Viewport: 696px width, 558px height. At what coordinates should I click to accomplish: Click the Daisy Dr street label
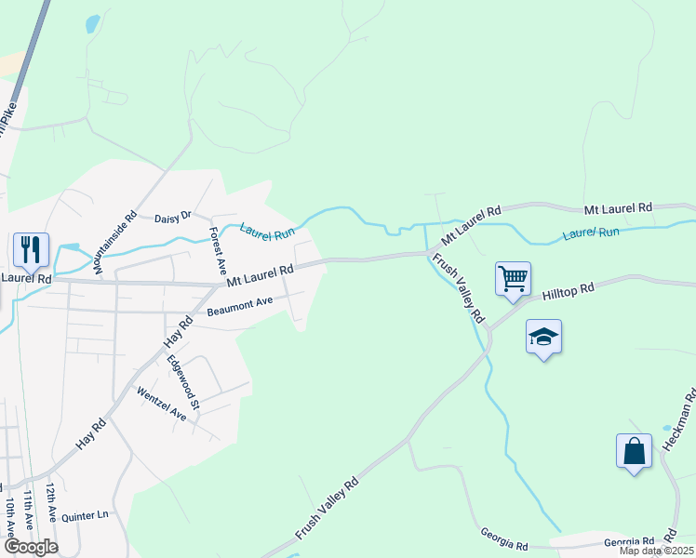(x=172, y=217)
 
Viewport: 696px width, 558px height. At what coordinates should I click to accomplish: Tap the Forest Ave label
(x=217, y=245)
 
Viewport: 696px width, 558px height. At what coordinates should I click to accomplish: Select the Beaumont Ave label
(x=240, y=306)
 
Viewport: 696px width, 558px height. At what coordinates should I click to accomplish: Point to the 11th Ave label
(x=30, y=510)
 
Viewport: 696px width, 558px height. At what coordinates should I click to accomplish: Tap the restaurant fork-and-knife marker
(x=31, y=249)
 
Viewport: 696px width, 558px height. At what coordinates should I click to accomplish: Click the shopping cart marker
(x=513, y=278)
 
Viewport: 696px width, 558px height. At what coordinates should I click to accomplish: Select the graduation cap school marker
(x=543, y=336)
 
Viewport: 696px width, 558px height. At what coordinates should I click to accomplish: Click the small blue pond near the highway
(x=91, y=24)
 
